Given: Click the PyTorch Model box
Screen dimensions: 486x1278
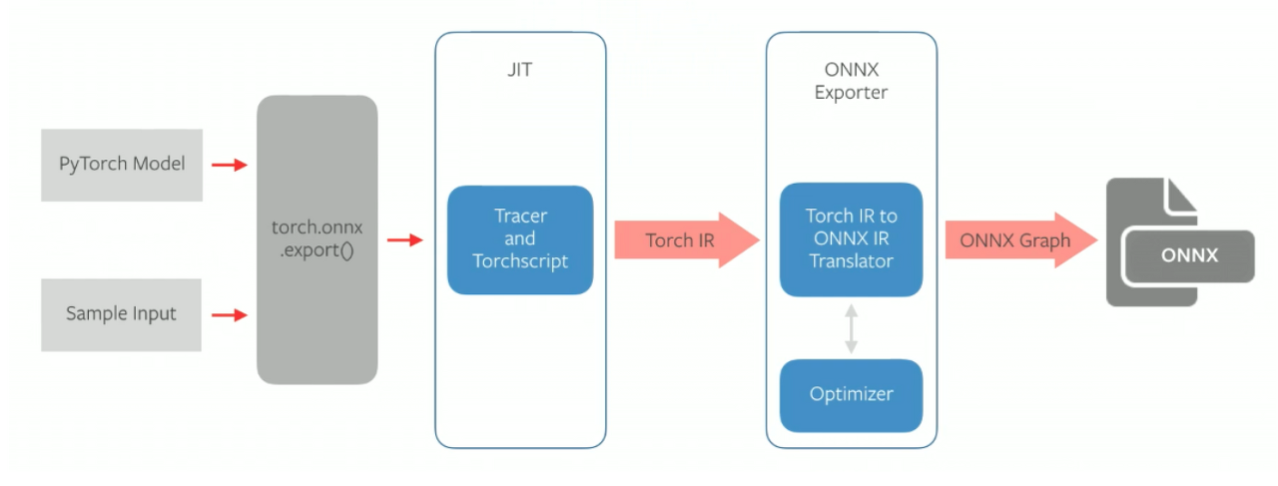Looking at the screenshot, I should click(x=122, y=165).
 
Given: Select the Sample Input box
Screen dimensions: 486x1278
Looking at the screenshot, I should click(x=121, y=314).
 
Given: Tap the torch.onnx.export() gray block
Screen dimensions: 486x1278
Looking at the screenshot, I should click(x=317, y=240).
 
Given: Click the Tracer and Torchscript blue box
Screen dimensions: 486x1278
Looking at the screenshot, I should click(x=519, y=240).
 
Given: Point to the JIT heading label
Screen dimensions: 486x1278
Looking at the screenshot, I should click(x=520, y=72).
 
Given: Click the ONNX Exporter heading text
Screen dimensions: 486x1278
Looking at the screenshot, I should click(x=851, y=82).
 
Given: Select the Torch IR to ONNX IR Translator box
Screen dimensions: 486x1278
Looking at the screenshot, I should click(x=851, y=240).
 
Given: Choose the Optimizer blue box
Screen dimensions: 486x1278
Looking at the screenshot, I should click(x=851, y=394).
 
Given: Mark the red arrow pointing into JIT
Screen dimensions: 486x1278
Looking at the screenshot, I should click(x=405, y=240).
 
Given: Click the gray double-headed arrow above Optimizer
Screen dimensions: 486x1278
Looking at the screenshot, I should click(x=851, y=328).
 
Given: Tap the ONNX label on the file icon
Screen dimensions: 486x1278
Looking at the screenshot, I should click(x=1189, y=255).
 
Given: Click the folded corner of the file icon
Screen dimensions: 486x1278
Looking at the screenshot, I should click(x=1182, y=195).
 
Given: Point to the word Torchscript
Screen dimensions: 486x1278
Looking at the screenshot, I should click(x=519, y=261).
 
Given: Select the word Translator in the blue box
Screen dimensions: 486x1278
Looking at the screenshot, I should click(x=851, y=261).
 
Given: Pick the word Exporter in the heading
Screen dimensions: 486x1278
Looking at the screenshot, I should click(x=851, y=93).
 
